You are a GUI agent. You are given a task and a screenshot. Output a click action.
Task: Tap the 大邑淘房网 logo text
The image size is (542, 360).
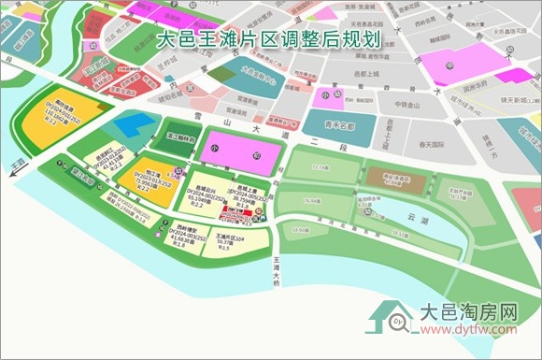[x=466, y=312]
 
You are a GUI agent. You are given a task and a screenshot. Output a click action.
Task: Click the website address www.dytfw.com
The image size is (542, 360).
[x=466, y=330]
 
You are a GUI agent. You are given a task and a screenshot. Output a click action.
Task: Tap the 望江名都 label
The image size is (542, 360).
[x=93, y=66]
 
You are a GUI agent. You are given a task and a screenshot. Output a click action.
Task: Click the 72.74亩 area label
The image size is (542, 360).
[x=321, y=166]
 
